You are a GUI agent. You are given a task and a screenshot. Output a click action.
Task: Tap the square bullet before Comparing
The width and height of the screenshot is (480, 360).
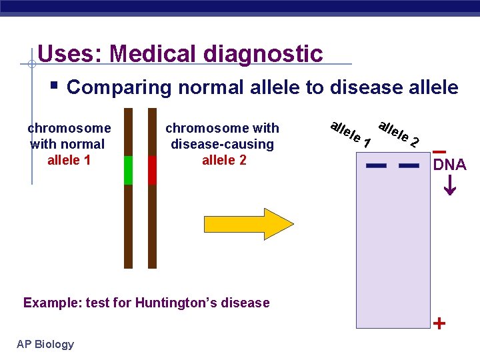tap(55, 86)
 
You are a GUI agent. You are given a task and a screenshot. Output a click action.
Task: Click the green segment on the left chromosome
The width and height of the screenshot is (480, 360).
tap(129, 170)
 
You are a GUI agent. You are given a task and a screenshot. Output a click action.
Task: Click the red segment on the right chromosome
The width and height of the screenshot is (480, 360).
tap(152, 170)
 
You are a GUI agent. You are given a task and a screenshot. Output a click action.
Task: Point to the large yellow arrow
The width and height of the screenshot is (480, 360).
tap(253, 224)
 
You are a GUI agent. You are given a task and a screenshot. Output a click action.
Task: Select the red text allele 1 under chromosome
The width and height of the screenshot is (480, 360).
tap(69, 160)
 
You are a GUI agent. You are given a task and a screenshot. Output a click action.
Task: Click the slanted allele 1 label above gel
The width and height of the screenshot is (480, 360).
tap(350, 133)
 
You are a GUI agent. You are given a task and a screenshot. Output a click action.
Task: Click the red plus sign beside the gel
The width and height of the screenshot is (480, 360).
tap(439, 324)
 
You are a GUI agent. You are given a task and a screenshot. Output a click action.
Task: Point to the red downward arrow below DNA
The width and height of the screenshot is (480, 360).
tap(450, 184)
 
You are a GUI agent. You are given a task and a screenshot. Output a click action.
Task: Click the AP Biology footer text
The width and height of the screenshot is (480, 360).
tap(45, 344)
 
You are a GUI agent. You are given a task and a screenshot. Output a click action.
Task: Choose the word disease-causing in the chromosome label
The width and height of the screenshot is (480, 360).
tap(222, 144)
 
